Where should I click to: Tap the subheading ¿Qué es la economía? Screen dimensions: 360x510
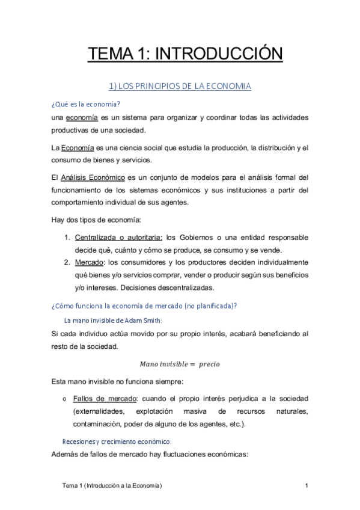87,104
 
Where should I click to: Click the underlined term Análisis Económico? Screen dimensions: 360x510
93,177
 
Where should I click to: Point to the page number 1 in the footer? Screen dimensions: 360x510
307,485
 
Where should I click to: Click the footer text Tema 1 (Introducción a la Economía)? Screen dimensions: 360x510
113,485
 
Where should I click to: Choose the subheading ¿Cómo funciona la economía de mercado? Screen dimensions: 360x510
145,306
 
